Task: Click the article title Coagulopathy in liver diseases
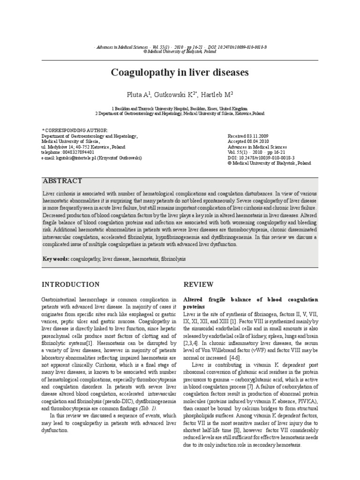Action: pos(180,73)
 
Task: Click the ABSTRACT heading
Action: pos(62,181)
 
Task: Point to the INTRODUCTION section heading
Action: pos(70,285)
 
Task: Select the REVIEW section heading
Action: pos(198,285)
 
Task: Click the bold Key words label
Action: pos(56,259)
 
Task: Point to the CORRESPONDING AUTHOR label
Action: pos(76,130)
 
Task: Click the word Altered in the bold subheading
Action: pos(195,300)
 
